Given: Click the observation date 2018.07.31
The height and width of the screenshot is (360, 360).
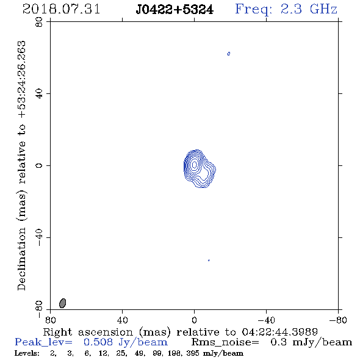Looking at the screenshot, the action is [61, 9].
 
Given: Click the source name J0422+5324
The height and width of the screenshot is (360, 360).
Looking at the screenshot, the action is [175, 10].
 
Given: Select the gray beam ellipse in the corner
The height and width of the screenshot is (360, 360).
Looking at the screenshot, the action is [62, 303].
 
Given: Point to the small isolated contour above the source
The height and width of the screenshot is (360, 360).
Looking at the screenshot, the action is [228, 54].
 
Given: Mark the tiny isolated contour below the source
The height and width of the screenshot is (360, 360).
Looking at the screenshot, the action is [209, 260].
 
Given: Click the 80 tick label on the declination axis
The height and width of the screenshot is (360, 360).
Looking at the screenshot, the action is [39, 22].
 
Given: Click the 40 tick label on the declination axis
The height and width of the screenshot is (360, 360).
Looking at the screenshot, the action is [39, 94].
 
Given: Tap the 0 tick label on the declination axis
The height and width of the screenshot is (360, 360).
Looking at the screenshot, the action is [39, 165].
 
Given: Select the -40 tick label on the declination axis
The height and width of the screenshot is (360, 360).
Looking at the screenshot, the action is [39, 237].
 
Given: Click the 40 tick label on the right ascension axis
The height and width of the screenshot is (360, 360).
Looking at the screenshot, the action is [123, 320].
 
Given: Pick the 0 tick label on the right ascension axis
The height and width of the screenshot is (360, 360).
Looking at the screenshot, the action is [194, 320].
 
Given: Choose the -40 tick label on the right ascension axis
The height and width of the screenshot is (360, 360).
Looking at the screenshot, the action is [266, 320].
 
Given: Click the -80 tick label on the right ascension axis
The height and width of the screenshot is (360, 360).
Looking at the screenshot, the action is [338, 320].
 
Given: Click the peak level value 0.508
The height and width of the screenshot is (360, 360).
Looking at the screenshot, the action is [98, 342].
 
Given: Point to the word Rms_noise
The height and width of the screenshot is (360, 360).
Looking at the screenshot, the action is [225, 342].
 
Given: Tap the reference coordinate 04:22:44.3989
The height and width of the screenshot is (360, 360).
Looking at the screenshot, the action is [280, 332].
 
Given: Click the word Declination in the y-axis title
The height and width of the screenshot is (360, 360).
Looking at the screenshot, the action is [21, 259].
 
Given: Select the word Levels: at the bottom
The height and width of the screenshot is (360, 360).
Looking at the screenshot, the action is [27, 353].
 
